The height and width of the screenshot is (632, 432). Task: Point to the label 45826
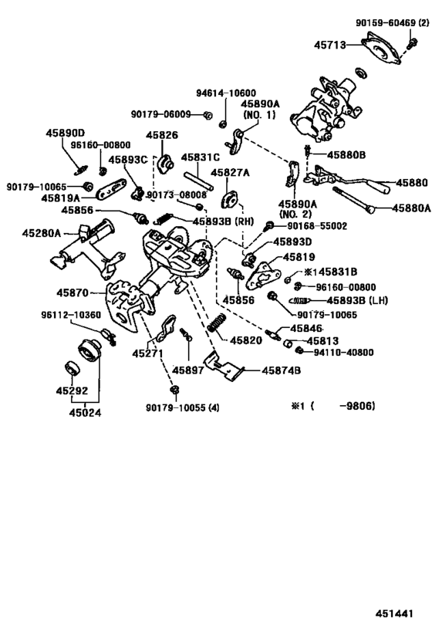pyautogui.click(x=163, y=136)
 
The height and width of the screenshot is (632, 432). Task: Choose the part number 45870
pyautogui.click(x=72, y=293)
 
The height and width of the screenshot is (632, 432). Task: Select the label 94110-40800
pyautogui.click(x=343, y=353)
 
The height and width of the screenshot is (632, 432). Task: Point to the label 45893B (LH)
pyautogui.click(x=356, y=299)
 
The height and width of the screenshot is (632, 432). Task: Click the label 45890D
pyautogui.click(x=67, y=133)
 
